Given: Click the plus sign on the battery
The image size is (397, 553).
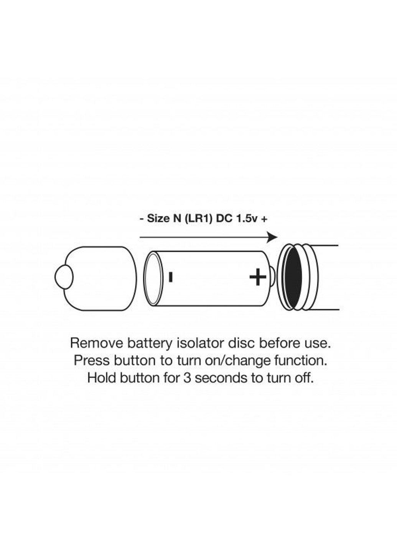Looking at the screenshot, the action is [258, 277].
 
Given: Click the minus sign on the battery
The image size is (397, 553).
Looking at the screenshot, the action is [171, 277].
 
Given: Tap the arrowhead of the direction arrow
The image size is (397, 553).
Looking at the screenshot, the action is [273, 237].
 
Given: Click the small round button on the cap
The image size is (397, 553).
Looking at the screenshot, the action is [64, 277].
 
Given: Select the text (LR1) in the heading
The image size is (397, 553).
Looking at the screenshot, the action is [198, 219].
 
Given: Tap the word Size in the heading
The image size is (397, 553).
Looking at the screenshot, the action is [157, 219].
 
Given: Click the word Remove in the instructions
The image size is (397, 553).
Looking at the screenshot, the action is [96, 344].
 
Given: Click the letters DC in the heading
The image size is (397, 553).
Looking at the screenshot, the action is [224, 219].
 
